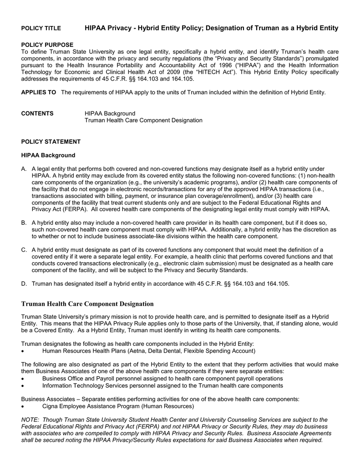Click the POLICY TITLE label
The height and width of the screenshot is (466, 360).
pyautogui.click(x=41, y=28)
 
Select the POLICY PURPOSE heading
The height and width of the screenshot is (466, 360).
pyautogui.click(x=47, y=45)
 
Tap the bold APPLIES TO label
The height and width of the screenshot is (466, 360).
pyautogui.click(x=39, y=92)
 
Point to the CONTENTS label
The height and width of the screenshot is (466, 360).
pyautogui.click(x=37, y=113)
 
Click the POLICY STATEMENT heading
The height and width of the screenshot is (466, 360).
pyautogui.click(x=51, y=142)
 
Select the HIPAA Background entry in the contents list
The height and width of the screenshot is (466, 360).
pyautogui.click(x=110, y=113)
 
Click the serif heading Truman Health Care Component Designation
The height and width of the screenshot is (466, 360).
pyautogui.click(x=88, y=304)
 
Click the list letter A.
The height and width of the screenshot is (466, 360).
pyautogui.click(x=24, y=169)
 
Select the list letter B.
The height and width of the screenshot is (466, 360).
pyautogui.click(x=24, y=223)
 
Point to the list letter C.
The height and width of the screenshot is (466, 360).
pyautogui.click(x=24, y=250)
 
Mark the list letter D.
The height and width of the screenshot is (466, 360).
pyautogui.click(x=24, y=284)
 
